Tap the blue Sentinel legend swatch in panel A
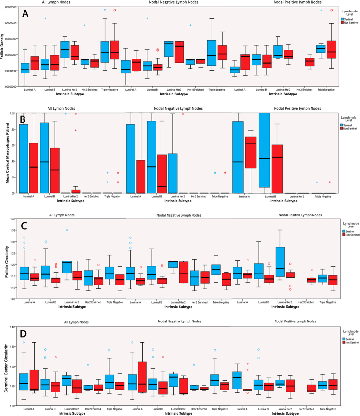point(329,18)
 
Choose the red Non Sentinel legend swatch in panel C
point(329,236)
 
